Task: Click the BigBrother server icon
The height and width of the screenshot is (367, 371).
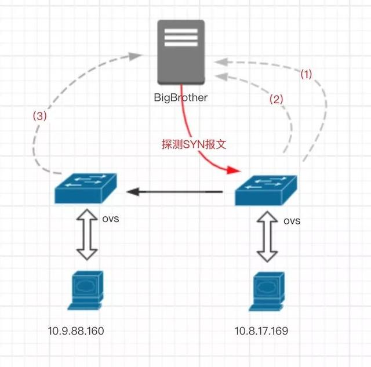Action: click(181, 52)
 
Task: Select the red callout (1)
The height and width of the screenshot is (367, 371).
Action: click(305, 75)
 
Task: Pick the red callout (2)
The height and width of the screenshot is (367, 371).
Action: click(277, 99)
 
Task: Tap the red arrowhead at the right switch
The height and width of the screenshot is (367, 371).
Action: click(234, 170)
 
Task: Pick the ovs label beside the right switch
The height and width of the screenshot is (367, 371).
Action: click(292, 221)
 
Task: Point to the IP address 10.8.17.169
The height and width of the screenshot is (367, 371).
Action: click(261, 332)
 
